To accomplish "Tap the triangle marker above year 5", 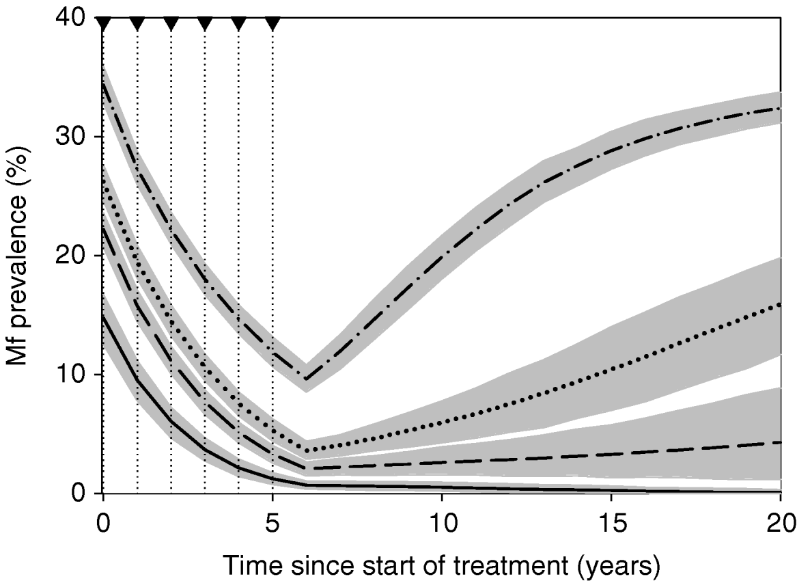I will point(272,24).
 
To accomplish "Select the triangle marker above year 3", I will point(205,24).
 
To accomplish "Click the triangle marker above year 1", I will point(137,24).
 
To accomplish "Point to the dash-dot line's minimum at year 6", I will point(307,379).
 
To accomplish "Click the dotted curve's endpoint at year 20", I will point(779,304).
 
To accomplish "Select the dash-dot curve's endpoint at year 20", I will point(779,108).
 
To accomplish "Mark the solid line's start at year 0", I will point(103,316).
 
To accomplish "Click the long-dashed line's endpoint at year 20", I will point(779,442).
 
